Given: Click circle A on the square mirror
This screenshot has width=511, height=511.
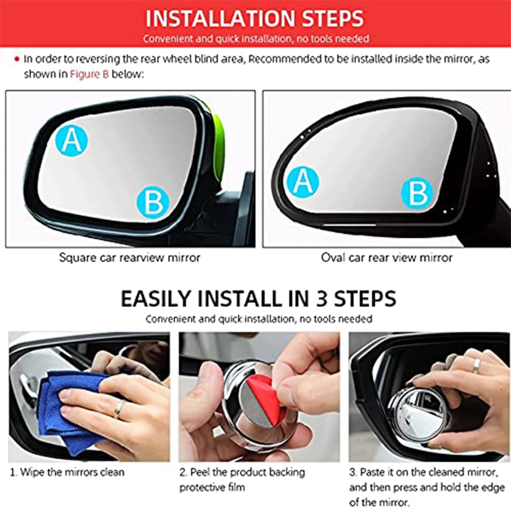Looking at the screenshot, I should coord(72,140).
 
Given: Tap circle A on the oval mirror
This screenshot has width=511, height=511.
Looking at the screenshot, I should coord(303,182).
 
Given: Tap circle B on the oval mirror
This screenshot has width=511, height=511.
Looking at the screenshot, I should coord(417,192).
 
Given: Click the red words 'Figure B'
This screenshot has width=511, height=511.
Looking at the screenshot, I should coord(89,74).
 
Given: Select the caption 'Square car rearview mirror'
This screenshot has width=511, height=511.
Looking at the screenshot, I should coord(129,258).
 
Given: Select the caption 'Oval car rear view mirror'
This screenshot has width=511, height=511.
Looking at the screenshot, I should coord(387,258).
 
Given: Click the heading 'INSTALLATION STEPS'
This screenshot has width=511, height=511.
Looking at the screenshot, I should coord(255,18).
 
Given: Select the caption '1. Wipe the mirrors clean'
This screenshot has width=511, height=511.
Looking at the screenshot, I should coord(67,472).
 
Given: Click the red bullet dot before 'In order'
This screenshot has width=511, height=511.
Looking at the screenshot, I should coord(17,59).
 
